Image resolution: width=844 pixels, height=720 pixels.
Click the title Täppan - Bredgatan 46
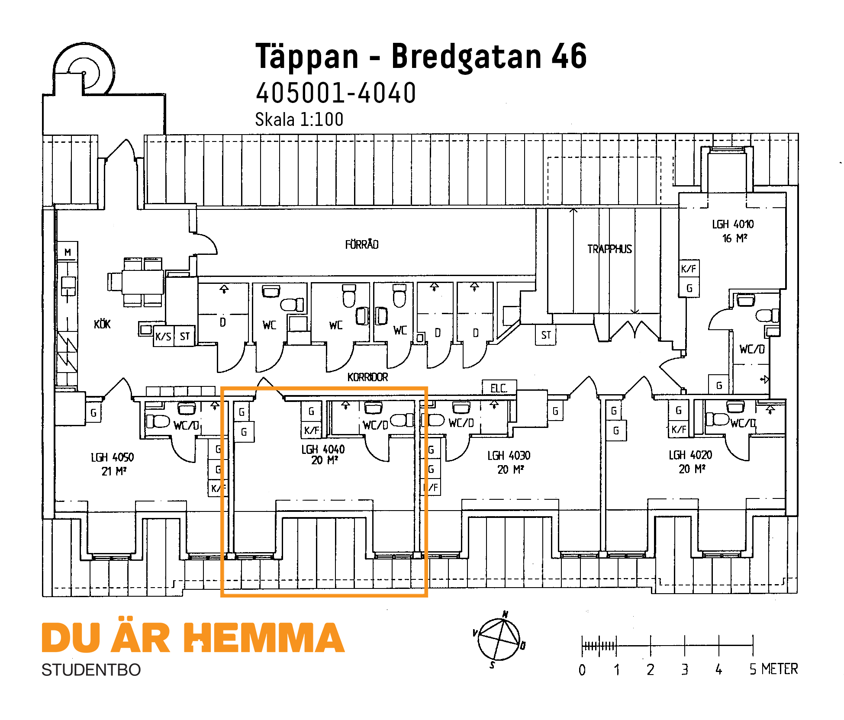coord(421,56)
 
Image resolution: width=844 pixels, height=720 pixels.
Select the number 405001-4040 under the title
coord(336,93)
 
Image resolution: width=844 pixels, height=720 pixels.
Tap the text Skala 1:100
coord(299,119)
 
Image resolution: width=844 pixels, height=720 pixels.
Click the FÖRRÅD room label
coord(362,244)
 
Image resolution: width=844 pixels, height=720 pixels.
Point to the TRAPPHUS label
coord(609,249)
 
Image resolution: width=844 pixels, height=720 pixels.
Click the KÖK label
coord(102,324)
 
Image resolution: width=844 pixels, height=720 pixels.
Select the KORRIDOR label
coord(367,377)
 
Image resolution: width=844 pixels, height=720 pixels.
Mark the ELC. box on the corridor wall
coord(499,388)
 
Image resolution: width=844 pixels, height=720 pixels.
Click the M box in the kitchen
coord(68,252)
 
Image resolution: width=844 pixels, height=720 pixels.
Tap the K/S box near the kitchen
coord(164,336)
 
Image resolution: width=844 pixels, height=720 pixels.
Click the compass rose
coord(499,640)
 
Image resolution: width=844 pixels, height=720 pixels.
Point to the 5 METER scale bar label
coord(773,669)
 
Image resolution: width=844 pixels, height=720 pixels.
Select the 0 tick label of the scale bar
coord(582,670)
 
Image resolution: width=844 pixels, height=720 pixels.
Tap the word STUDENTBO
coord(91,670)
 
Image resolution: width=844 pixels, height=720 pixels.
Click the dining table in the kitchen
coord(143,282)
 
